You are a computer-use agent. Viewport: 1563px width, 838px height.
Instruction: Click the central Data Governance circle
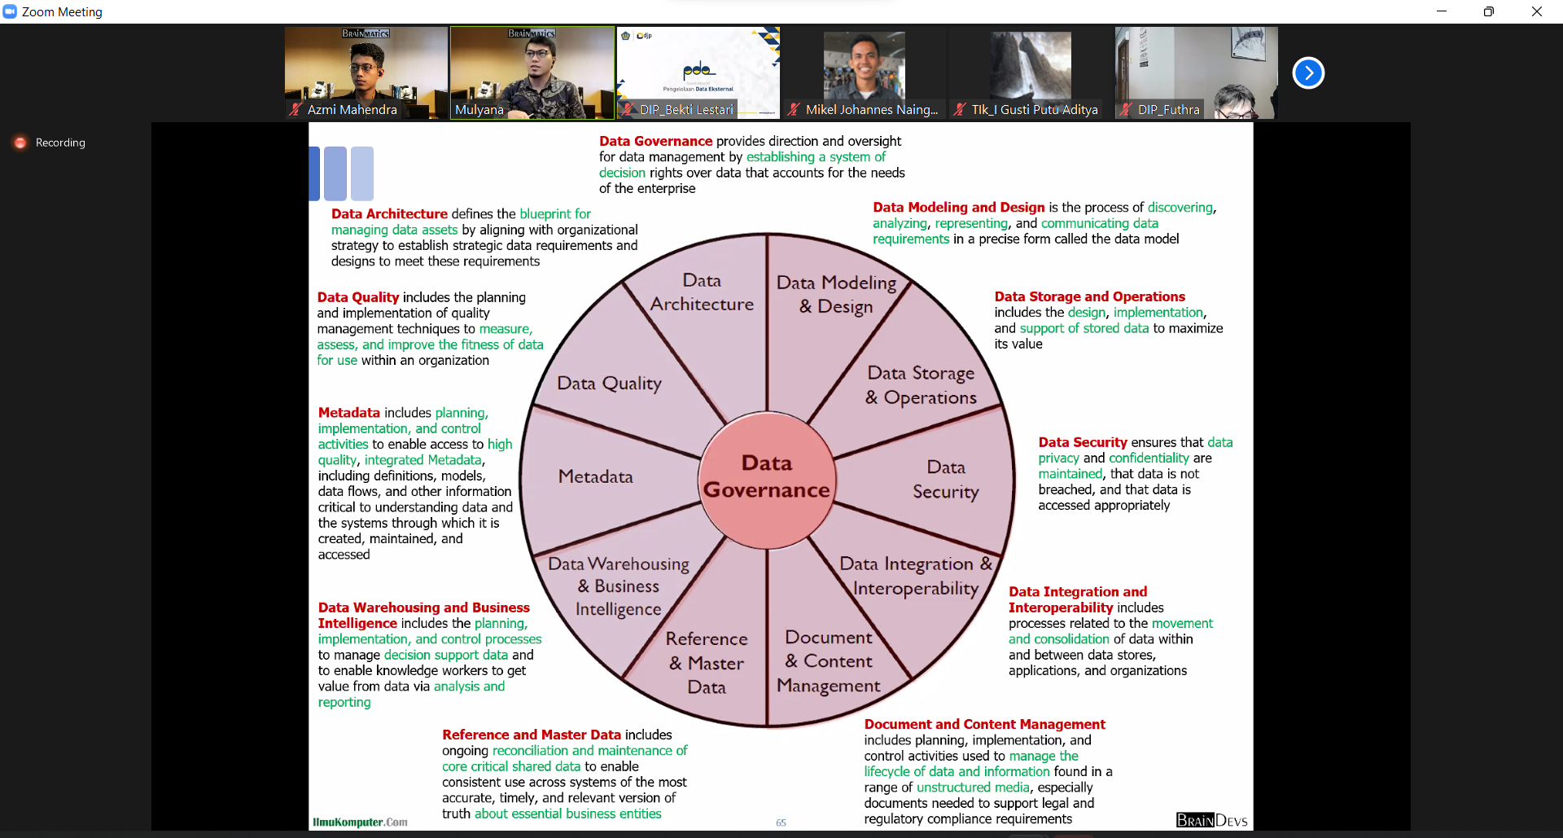pos(767,477)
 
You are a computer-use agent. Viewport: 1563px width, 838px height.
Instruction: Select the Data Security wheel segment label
pos(945,480)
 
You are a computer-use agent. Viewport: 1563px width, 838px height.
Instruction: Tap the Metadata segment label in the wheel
pos(595,476)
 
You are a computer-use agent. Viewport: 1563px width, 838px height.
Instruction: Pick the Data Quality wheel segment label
pos(609,384)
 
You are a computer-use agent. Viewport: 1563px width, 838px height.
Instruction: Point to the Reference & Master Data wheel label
pos(706,663)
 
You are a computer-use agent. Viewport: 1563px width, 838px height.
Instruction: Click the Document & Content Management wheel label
pos(829,661)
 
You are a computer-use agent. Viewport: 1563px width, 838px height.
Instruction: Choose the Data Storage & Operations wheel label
pos(921,385)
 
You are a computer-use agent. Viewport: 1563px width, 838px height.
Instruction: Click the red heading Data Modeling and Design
pos(958,208)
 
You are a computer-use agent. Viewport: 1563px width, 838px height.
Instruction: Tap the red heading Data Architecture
pos(389,214)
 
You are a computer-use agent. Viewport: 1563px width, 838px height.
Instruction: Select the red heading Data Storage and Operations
pos(1089,296)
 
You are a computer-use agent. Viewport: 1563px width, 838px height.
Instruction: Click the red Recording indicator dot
pos(20,143)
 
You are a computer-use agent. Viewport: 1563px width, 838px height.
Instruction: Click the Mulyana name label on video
pos(479,110)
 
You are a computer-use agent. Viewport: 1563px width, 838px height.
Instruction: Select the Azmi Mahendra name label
pos(352,110)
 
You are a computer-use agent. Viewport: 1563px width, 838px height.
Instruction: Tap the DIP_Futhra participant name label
pos(1168,110)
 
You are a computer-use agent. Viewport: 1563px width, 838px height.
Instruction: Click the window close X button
pos(1536,11)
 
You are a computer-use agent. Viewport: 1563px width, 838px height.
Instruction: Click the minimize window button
pos(1442,11)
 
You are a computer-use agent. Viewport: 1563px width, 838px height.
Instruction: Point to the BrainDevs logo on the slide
pos(1211,820)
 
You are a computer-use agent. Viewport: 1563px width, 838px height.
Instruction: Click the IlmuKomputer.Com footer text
pos(360,823)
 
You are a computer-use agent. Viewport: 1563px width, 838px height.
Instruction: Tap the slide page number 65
pos(781,823)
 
